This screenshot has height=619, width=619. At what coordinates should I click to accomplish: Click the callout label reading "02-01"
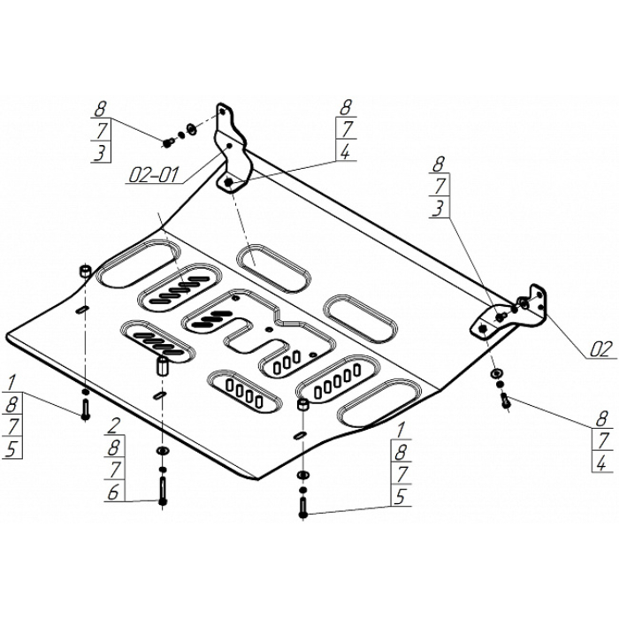pyautogui.click(x=154, y=174)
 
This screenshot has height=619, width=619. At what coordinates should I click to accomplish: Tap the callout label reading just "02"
pyautogui.click(x=600, y=349)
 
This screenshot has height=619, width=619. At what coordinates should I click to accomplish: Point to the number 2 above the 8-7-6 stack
pyautogui.click(x=114, y=426)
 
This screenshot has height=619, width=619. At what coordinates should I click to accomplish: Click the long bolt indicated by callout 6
pyautogui.click(x=162, y=490)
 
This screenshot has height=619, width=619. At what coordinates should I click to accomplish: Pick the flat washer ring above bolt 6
pyautogui.click(x=163, y=450)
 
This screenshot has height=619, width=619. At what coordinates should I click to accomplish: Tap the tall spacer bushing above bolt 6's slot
pyautogui.click(x=163, y=365)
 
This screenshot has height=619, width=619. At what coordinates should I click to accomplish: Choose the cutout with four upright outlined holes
pyautogui.click(x=245, y=392)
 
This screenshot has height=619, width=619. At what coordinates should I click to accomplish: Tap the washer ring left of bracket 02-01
pyautogui.click(x=192, y=129)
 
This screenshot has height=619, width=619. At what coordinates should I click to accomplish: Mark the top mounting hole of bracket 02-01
pyautogui.click(x=223, y=112)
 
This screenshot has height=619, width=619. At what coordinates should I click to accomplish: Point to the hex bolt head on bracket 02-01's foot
pyautogui.click(x=228, y=182)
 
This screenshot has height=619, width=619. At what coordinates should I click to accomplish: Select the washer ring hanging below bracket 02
pyautogui.click(x=495, y=372)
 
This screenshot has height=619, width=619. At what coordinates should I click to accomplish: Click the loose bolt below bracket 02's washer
pyautogui.click(x=505, y=401)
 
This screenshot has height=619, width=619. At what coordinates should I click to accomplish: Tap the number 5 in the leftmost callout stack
pyautogui.click(x=11, y=448)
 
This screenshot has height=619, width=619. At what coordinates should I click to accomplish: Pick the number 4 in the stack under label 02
pyautogui.click(x=600, y=462)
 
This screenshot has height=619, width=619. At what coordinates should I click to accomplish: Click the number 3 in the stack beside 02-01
pyautogui.click(x=100, y=152)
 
